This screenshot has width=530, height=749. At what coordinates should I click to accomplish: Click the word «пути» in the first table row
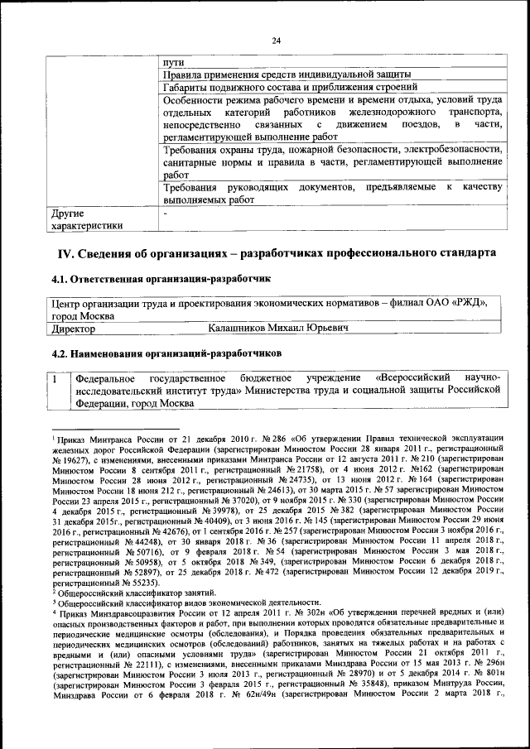pyautogui.click(x=174, y=62)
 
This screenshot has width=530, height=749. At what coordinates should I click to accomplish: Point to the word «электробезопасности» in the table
pyautogui.click(x=451, y=150)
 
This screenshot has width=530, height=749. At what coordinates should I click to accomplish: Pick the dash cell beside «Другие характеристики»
pyautogui.click(x=166, y=213)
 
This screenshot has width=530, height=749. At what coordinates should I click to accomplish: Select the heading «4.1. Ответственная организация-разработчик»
pyautogui.click(x=161, y=280)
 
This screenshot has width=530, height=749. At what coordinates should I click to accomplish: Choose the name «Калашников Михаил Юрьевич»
pyautogui.click(x=277, y=329)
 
